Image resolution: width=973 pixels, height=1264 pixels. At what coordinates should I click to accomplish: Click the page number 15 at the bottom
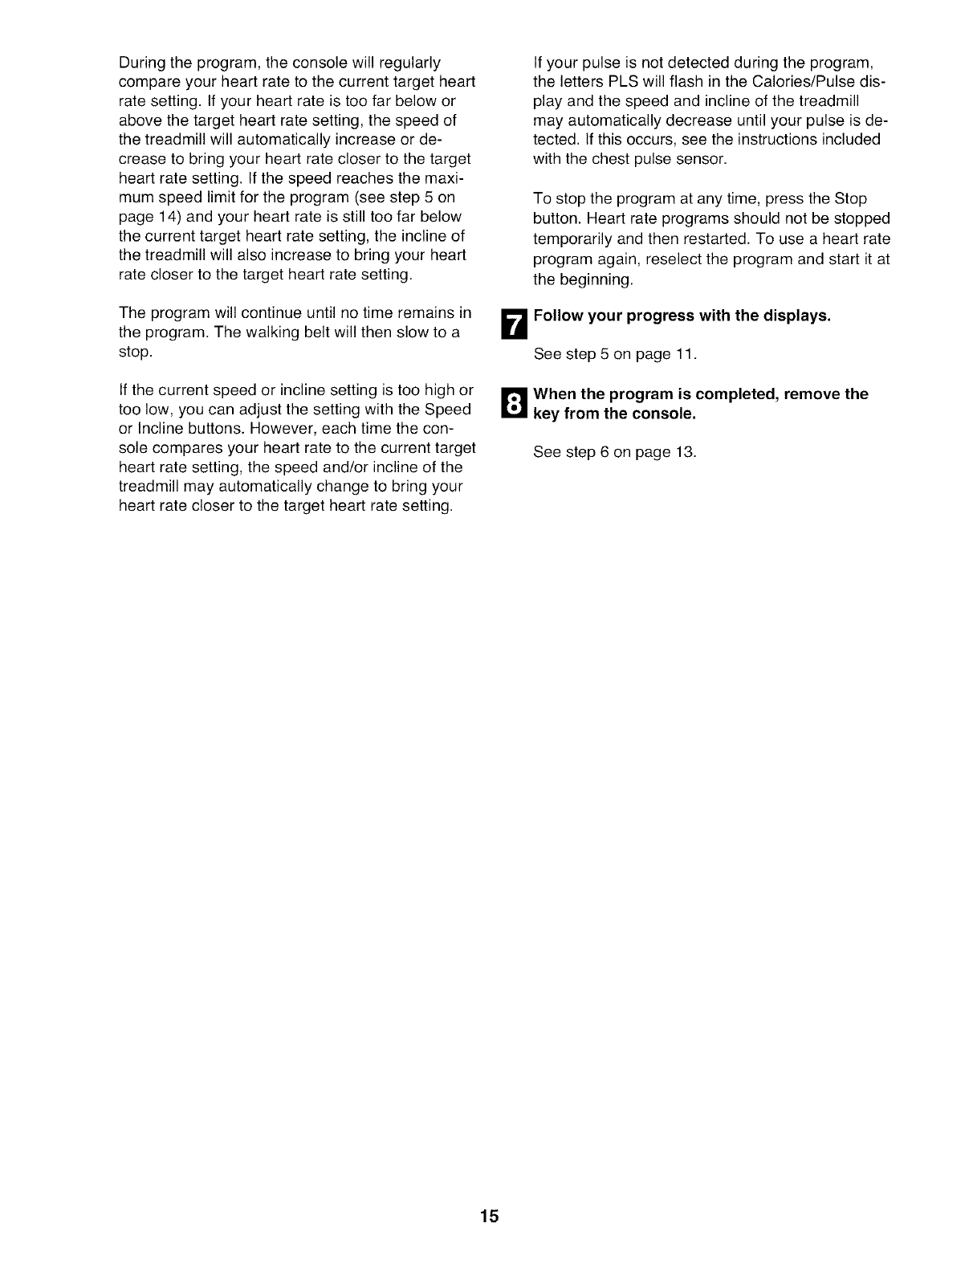490,1216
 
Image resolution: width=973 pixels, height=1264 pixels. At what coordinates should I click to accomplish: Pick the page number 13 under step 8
685,452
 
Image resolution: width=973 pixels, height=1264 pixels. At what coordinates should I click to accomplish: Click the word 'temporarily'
571,240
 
